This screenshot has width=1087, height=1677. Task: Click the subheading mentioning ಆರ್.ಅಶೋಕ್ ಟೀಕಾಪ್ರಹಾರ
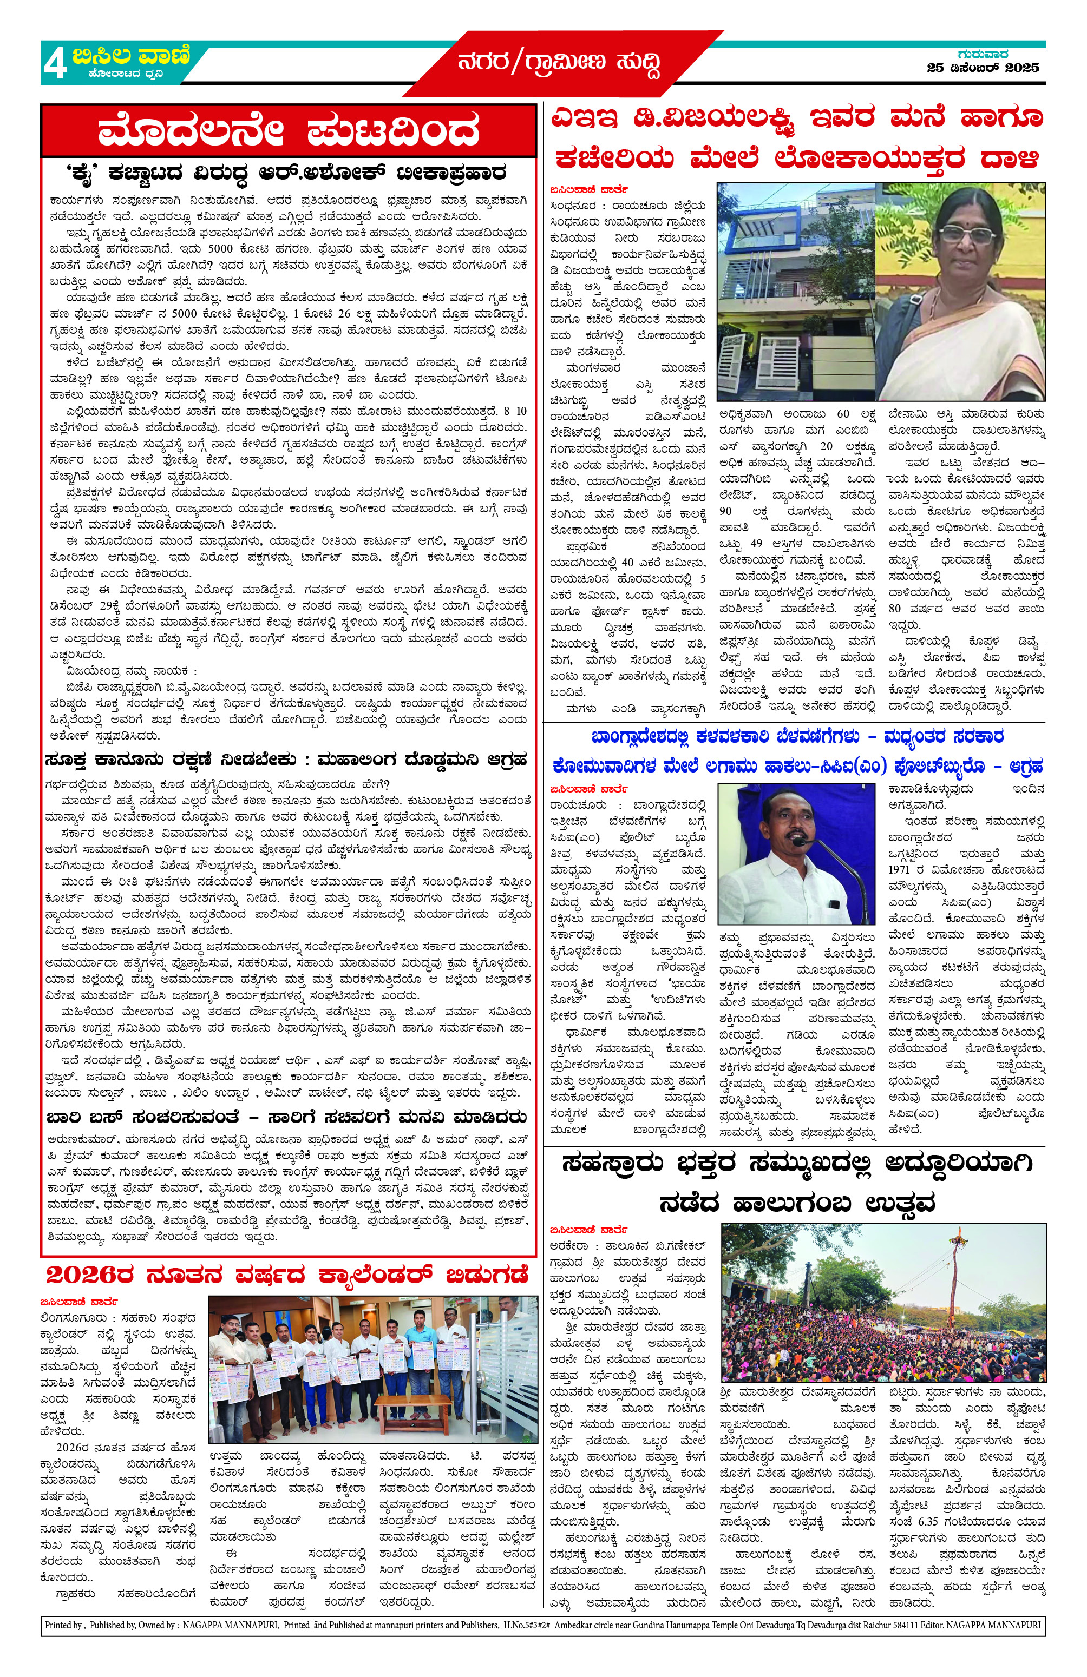[x=285, y=173]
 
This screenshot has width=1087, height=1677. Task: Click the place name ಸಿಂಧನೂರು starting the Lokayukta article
[x=572, y=206]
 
